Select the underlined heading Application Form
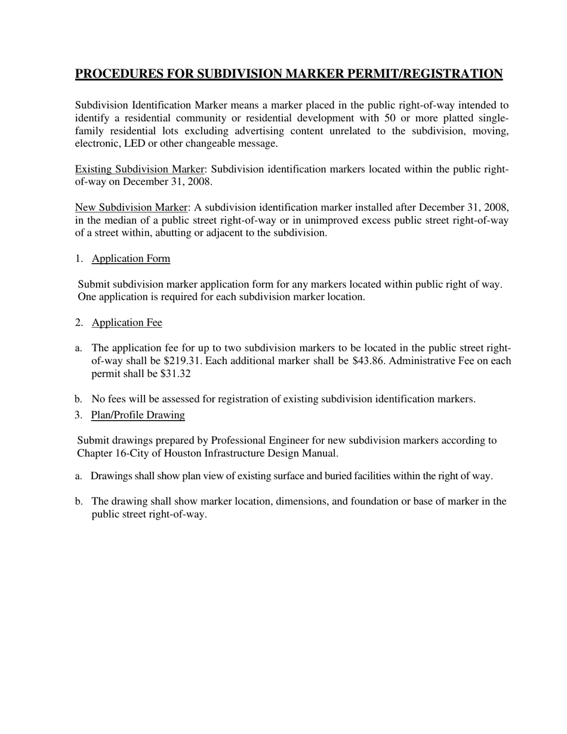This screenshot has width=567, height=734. click(131, 258)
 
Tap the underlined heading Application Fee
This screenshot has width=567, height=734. click(127, 322)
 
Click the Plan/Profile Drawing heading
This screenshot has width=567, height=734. click(138, 415)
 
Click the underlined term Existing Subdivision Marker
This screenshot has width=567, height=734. click(139, 169)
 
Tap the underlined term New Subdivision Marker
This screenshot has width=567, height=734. click(131, 207)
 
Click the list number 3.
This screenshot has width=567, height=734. click(78, 415)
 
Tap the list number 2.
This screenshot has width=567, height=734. click(78, 322)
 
